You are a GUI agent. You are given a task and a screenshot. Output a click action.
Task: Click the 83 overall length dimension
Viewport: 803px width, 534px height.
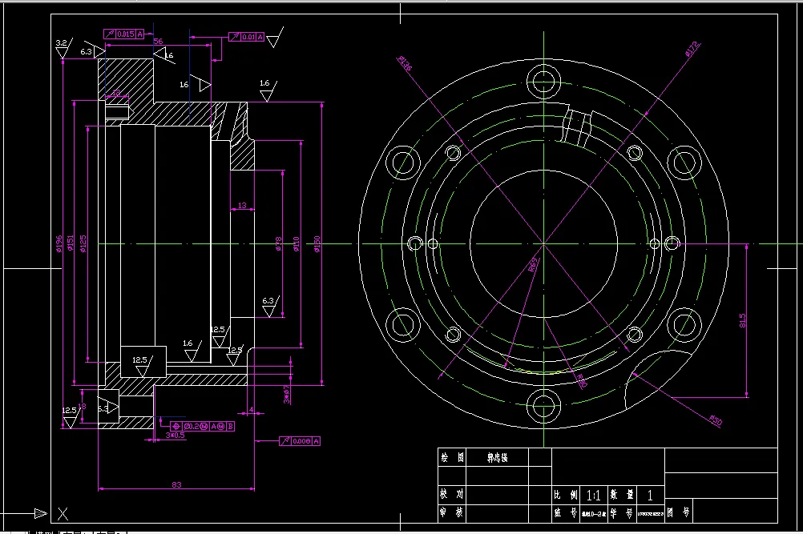tap(176, 484)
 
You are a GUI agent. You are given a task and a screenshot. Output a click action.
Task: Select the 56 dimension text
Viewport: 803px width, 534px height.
tap(158, 42)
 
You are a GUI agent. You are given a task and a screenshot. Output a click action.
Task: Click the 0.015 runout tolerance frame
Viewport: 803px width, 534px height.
tap(125, 34)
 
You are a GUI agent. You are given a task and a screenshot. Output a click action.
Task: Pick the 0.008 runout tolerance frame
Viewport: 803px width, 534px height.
tap(300, 441)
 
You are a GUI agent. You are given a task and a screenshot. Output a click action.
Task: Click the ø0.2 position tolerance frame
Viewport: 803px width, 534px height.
tap(196, 425)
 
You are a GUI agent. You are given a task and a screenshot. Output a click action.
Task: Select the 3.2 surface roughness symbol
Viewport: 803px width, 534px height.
tap(61, 43)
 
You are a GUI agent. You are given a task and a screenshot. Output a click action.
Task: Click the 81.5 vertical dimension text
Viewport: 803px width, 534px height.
tap(743, 320)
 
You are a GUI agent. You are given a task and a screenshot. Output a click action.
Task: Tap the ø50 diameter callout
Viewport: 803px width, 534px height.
tap(716, 420)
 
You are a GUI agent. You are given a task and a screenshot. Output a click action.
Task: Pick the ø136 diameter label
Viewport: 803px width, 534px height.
tap(404, 64)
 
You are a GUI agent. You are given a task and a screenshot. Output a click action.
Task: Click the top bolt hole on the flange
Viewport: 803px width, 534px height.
tap(543, 80)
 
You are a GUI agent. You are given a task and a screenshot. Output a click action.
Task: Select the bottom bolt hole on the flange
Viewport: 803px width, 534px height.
tap(543, 406)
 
